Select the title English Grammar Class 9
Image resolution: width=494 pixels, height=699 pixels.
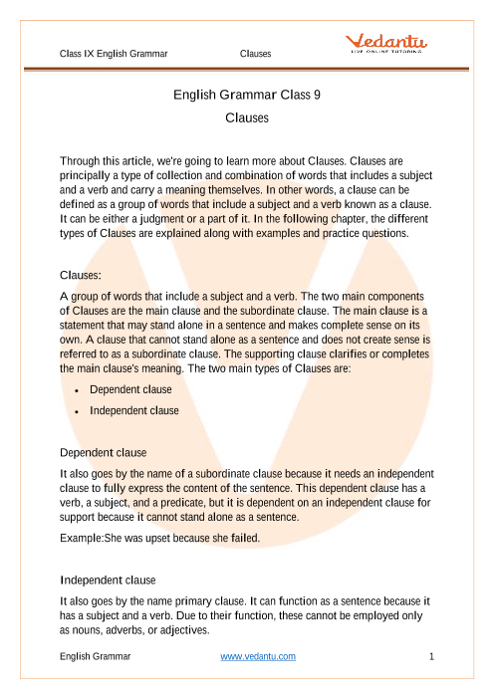coord(246,97)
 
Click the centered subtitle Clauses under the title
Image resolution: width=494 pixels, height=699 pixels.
coord(246,116)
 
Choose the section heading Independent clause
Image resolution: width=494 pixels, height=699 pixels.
coord(110,579)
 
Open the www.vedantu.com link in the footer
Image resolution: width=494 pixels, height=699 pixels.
coord(258,656)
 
